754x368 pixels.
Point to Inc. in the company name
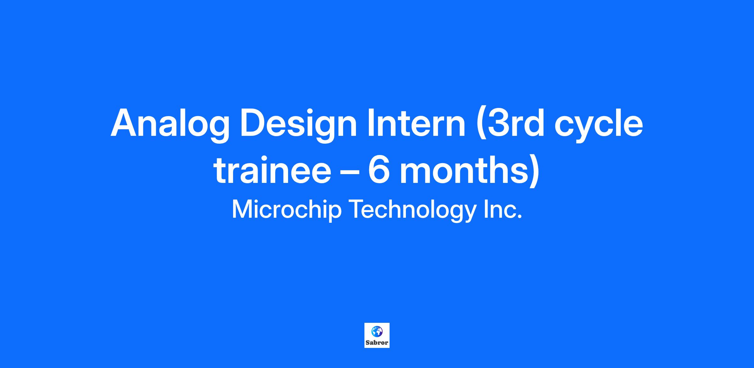503,209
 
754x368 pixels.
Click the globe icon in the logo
377,331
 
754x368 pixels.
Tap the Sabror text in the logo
377,343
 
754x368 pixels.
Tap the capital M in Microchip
243,209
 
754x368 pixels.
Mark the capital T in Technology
357,209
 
